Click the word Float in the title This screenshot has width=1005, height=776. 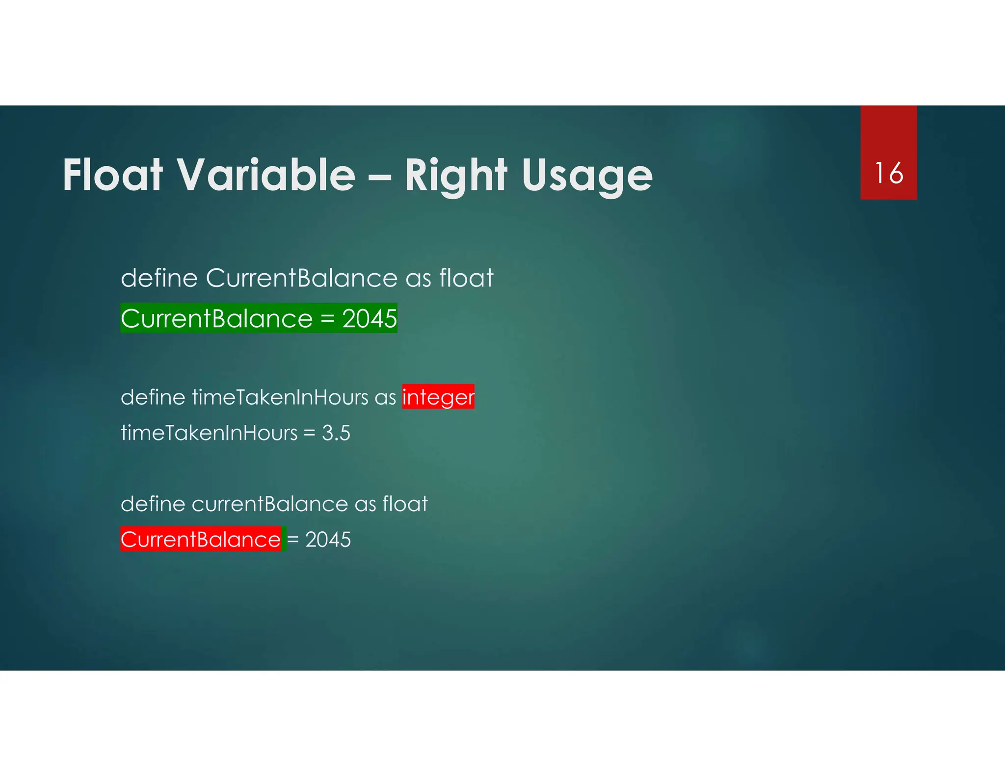click(x=112, y=175)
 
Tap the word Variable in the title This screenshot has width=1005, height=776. click(x=265, y=175)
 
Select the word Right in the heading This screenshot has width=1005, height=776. click(x=456, y=175)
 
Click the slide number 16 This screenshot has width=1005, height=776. click(x=888, y=173)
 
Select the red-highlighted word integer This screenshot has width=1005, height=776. click(x=438, y=397)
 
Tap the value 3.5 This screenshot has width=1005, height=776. click(x=336, y=433)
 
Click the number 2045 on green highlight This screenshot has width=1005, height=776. click(x=369, y=319)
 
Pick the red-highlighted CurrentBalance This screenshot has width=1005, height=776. click(x=201, y=540)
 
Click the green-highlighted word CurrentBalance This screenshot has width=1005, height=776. click(x=216, y=319)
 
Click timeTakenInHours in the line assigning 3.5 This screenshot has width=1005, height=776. click(x=209, y=433)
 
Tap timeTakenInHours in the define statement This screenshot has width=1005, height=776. click(x=280, y=397)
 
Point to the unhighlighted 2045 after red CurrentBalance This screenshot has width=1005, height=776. click(x=328, y=540)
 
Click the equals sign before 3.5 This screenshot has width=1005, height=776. click(x=309, y=433)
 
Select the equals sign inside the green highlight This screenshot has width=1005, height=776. click(x=327, y=319)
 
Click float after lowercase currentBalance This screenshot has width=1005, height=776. click(x=405, y=504)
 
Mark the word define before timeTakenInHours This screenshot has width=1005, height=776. click(x=153, y=397)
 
